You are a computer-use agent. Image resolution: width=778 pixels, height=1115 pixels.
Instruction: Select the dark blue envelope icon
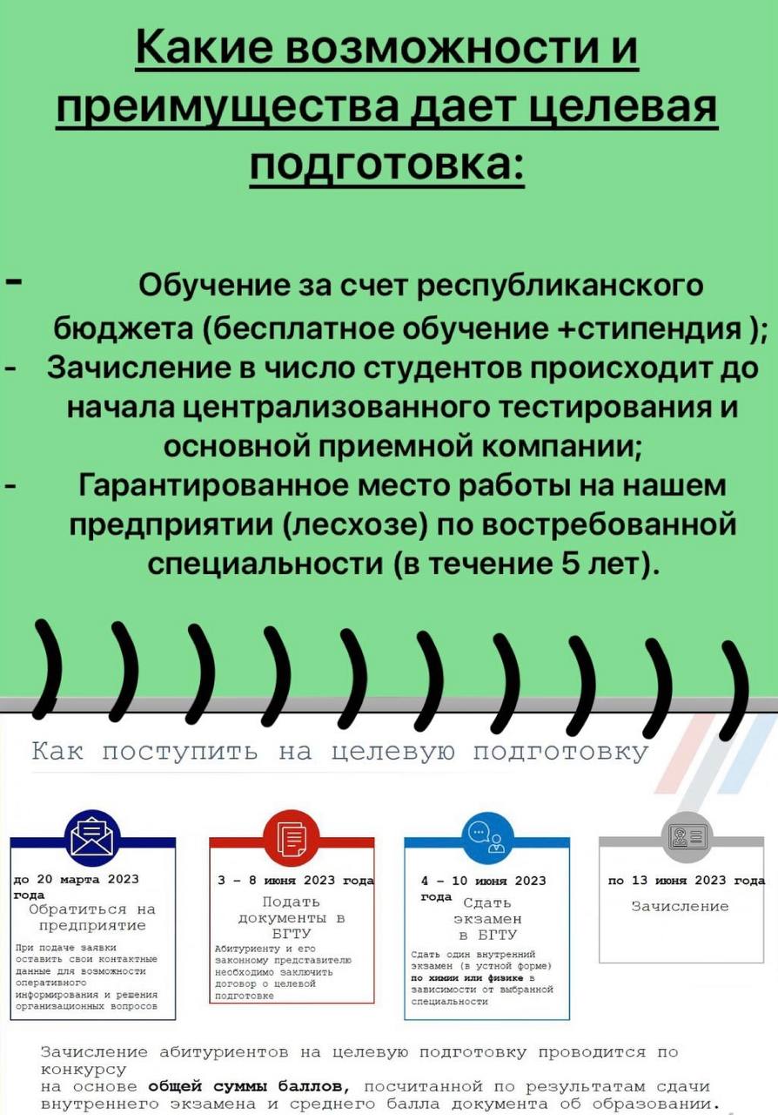click(92, 836)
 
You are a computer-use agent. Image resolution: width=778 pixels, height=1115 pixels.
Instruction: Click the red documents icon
click(292, 837)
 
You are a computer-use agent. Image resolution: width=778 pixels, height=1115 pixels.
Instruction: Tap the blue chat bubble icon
click(486, 838)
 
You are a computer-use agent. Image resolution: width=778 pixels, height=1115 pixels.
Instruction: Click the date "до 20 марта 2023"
click(77, 880)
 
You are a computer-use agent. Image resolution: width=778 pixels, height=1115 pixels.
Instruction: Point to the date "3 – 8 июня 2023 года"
click(295, 881)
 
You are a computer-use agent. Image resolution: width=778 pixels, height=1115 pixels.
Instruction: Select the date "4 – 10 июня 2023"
click(483, 881)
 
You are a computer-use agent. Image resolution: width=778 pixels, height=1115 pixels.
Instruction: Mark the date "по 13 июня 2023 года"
click(687, 881)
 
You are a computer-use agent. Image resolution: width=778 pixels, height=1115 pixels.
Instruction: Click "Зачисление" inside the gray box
click(680, 907)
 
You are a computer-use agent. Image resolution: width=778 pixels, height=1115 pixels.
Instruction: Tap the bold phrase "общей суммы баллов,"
click(249, 1086)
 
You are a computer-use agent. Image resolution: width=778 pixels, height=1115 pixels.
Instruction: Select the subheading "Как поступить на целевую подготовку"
click(340, 752)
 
